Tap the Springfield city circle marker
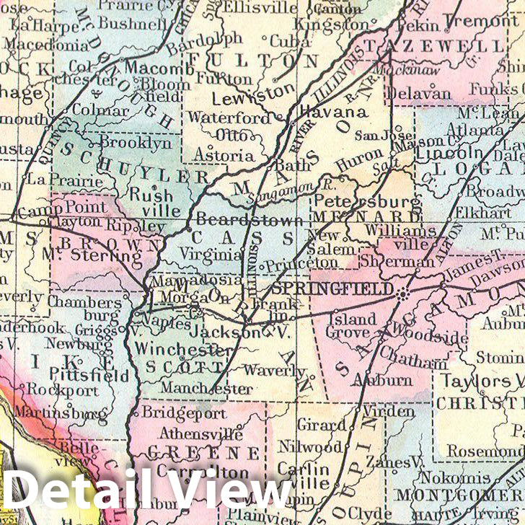pyautogui.click(x=402, y=292)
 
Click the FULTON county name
pyautogui.click(x=262, y=59)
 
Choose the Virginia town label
pyautogui.click(x=211, y=254)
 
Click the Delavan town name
pyautogui.click(x=418, y=93)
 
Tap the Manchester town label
pyautogui.click(x=206, y=389)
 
